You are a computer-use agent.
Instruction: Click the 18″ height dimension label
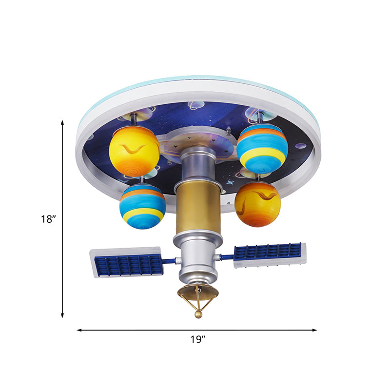[49, 219]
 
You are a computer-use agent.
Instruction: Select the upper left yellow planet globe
[134, 151]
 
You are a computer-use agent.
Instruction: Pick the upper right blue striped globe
[262, 149]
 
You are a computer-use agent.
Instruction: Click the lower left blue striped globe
[142, 206]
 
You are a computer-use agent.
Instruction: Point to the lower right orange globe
[257, 204]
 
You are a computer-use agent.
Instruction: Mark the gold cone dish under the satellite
[197, 292]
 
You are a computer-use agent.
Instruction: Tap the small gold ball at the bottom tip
[198, 315]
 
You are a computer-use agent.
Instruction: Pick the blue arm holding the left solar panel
[169, 261]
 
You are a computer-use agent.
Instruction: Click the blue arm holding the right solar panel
[226, 256]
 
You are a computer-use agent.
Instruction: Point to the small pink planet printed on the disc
[301, 145]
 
